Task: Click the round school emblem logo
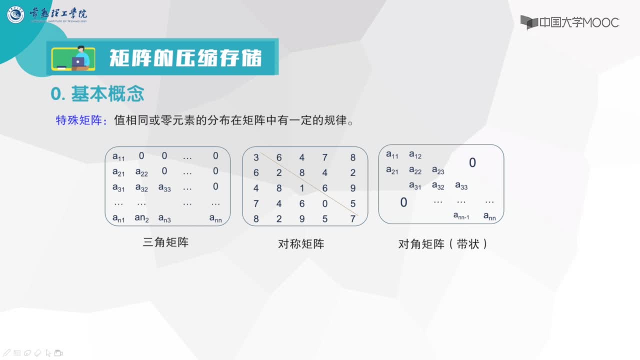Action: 15,14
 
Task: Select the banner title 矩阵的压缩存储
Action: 185,58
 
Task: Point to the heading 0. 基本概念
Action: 97,93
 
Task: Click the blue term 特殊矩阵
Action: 79,120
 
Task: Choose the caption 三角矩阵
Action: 165,242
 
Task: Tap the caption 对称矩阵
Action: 301,244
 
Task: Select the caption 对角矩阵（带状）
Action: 443,244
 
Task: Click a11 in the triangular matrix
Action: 118,156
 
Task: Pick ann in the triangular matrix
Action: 215,218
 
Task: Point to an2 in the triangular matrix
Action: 141,218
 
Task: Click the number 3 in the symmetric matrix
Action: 256,157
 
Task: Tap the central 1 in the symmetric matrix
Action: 301,188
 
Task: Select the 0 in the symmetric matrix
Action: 325,203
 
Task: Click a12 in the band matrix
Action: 415,155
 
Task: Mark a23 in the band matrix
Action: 438,170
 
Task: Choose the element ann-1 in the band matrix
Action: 461,215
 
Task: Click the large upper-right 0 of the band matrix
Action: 472,162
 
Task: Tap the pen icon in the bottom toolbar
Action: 7,353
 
